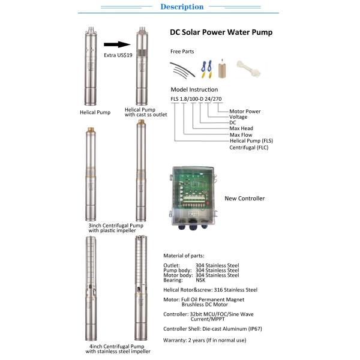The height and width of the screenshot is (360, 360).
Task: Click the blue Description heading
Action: click(x=182, y=7)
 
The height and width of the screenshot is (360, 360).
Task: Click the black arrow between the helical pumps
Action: click(x=117, y=44)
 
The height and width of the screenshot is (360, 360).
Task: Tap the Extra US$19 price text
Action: click(x=118, y=55)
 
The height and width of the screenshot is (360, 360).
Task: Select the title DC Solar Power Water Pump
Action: click(x=221, y=32)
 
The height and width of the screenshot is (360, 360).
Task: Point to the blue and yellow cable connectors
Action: click(x=206, y=69)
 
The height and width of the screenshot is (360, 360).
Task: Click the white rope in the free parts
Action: click(x=248, y=68)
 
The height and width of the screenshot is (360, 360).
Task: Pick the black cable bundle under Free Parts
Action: click(x=182, y=70)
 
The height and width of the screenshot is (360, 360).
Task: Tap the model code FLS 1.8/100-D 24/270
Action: click(x=196, y=99)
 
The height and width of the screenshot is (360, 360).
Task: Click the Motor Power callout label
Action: click(x=245, y=112)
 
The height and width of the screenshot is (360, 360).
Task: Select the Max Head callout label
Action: click(x=241, y=128)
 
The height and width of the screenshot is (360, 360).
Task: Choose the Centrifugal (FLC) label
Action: click(x=249, y=148)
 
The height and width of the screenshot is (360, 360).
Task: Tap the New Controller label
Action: click(x=245, y=199)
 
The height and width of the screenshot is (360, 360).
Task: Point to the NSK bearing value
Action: click(x=200, y=280)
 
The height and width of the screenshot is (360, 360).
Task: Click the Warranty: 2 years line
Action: click(x=205, y=340)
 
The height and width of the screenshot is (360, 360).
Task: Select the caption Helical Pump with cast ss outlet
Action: click(x=146, y=112)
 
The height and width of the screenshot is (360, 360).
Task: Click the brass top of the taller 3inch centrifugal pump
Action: click(x=141, y=122)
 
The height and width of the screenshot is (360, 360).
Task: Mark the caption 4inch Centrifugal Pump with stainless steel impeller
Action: click(x=118, y=349)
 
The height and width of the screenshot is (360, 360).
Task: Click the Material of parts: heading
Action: click(x=184, y=256)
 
